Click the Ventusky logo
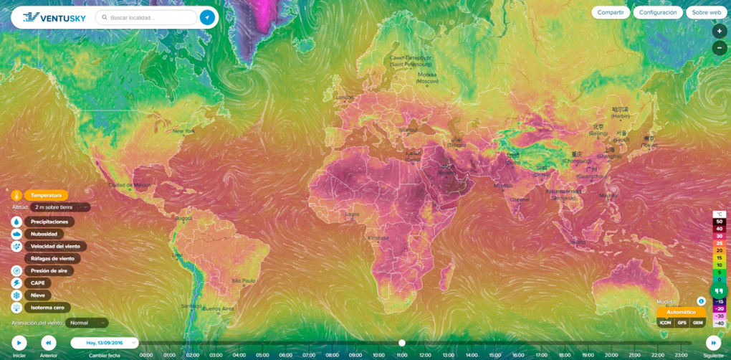pos(54,17)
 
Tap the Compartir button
pos(611,12)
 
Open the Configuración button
pos(657,12)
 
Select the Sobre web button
pos(705,12)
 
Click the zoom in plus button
pos(719,32)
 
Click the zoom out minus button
pos(719,48)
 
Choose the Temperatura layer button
pos(46,195)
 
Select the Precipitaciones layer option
pos(49,222)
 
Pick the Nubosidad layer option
pos(44,234)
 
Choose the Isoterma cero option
pos(48,307)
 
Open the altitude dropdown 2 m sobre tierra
pos(61,207)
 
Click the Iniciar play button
pos(19,343)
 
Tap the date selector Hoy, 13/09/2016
pos(104,343)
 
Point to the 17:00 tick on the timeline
pos(541,354)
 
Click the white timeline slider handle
pos(402,343)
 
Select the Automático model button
pos(681,312)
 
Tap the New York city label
pos(183,131)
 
